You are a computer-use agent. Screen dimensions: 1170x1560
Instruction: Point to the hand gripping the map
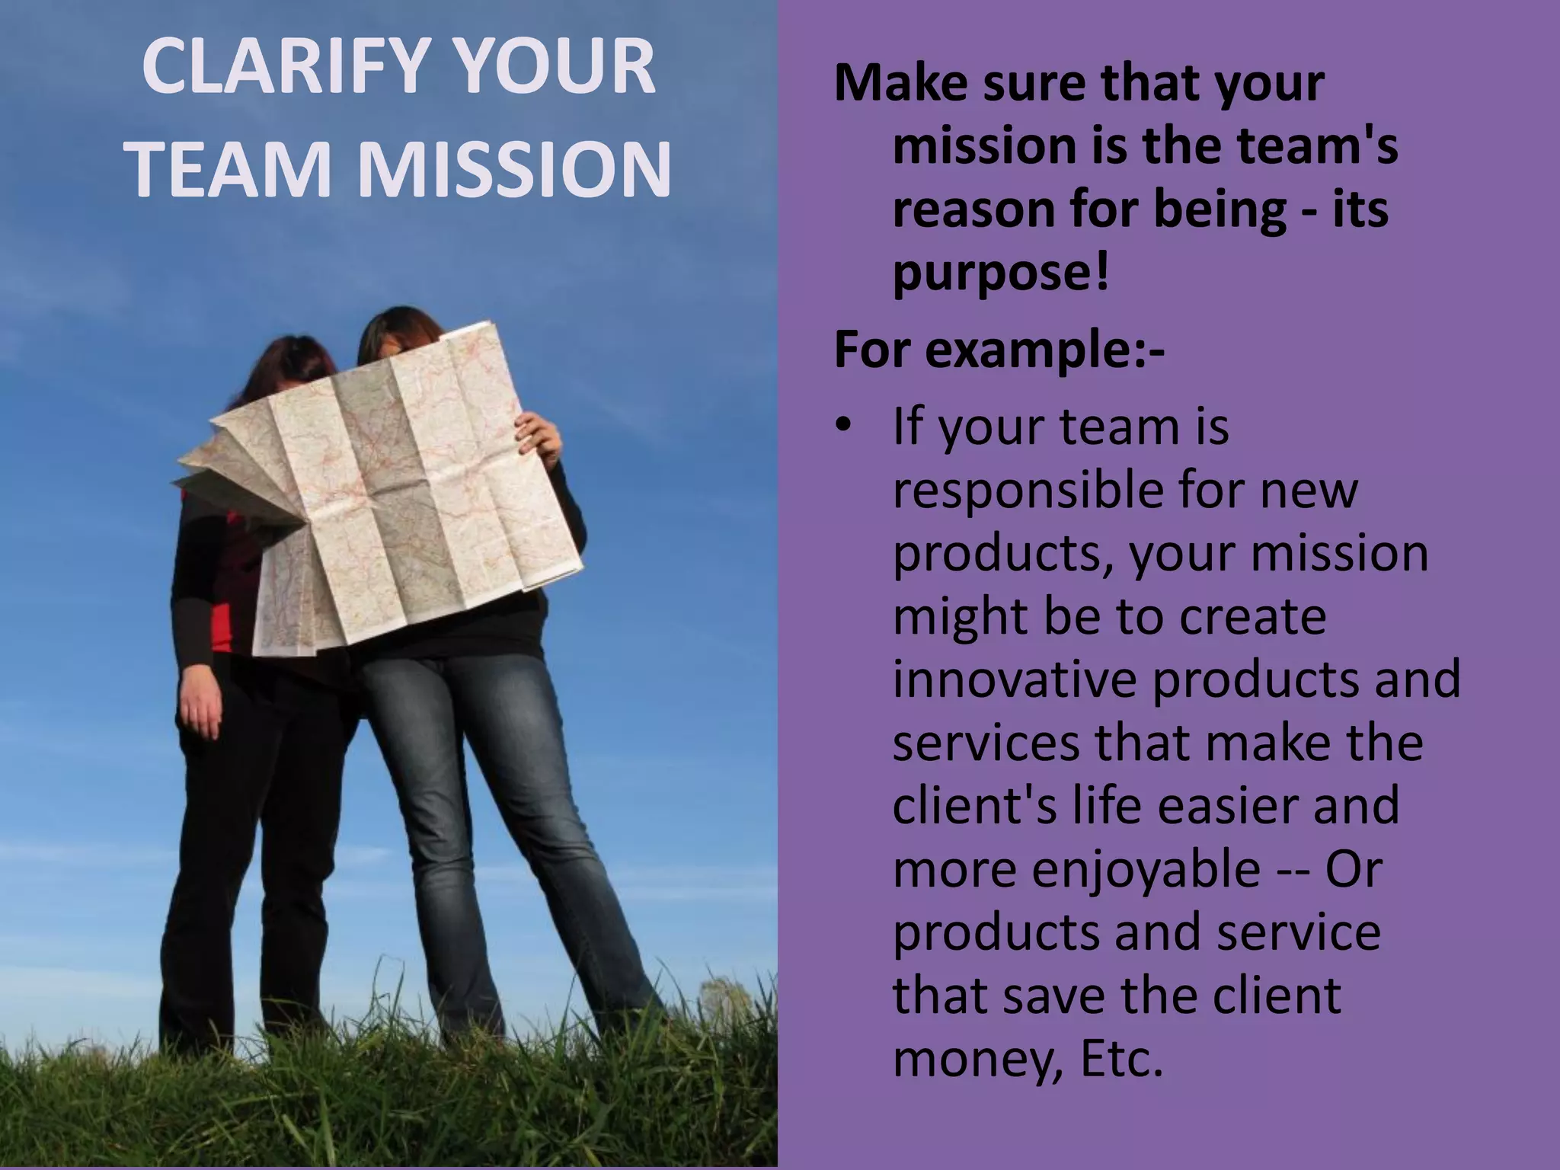[539, 435]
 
